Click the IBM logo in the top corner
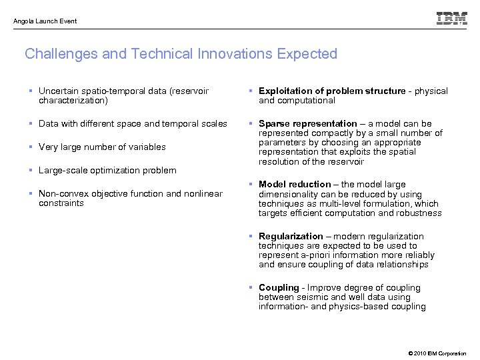[451, 19]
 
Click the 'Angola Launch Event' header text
[45, 21]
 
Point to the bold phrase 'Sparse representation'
[308, 124]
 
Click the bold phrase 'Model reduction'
[295, 184]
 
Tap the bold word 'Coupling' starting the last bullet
[279, 288]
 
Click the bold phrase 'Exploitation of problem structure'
[331, 91]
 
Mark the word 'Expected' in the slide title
[306, 54]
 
